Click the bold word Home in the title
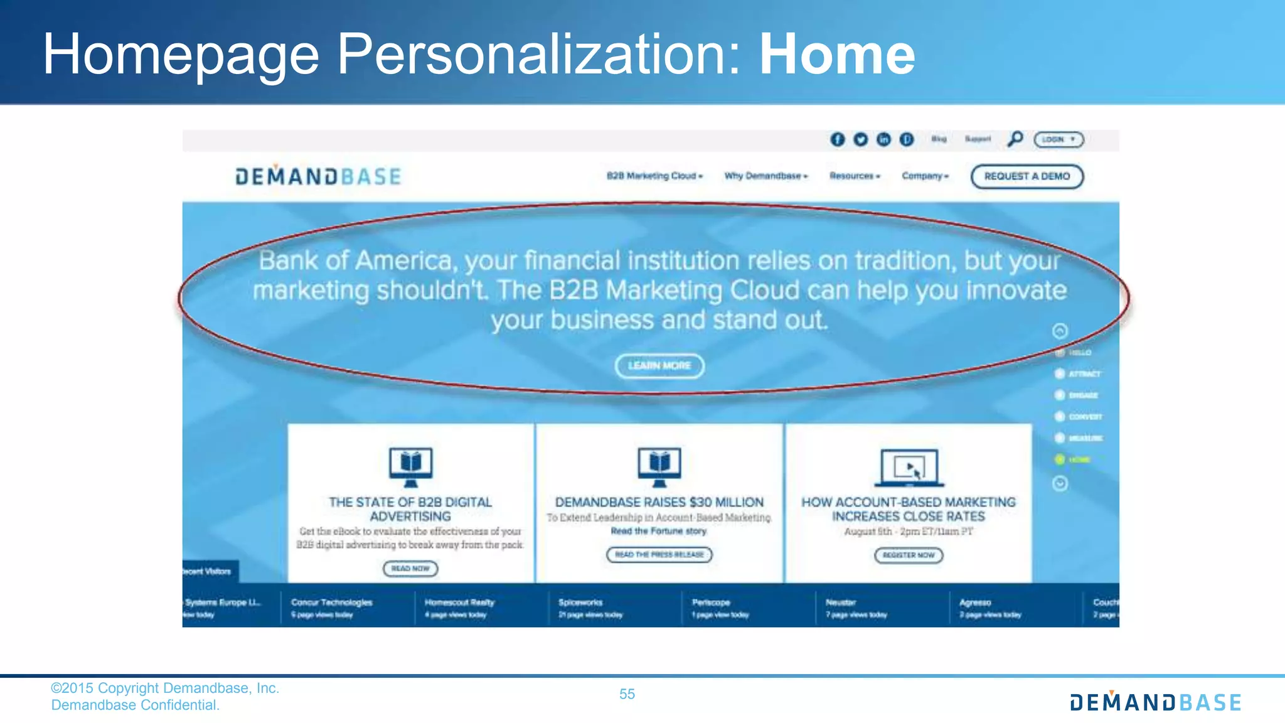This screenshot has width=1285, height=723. pos(837,55)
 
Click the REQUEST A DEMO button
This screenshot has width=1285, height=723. pos(1026,176)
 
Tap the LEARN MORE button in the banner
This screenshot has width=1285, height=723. pos(659,366)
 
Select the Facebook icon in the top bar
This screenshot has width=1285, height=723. pos(837,139)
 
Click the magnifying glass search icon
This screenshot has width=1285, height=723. pos(1015,139)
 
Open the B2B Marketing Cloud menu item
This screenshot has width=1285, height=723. pos(654,176)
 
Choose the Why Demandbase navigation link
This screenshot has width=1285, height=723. pos(765,176)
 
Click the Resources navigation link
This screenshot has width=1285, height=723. pos(854,176)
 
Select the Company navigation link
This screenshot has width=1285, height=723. pos(925,176)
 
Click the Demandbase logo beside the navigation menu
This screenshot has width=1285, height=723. pos(318,176)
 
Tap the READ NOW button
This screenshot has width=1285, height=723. pos(410,569)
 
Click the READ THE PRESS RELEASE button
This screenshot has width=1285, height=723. pos(659,555)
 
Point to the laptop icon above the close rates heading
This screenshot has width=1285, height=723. pos(909,468)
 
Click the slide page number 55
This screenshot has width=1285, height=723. pos(627,694)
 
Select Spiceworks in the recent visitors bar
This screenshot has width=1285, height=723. pos(580,602)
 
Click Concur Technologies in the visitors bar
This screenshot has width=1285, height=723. pos(331,602)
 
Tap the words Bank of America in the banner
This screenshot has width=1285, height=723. pos(355,260)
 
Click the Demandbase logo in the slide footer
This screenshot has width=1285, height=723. pos(1155,702)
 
